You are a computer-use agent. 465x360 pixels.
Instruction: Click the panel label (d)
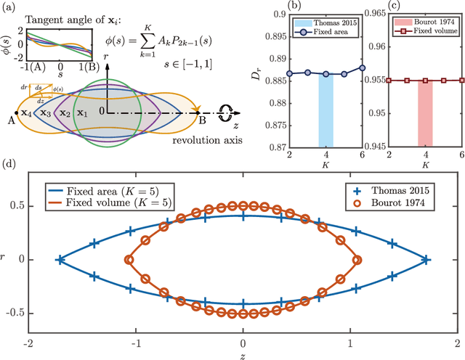click(x=9, y=168)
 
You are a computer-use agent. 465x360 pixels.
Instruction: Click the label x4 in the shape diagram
click(x=27, y=113)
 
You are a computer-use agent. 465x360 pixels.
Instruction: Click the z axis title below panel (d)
click(x=243, y=354)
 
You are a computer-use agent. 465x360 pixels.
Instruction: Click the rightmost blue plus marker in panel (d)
click(x=426, y=258)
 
